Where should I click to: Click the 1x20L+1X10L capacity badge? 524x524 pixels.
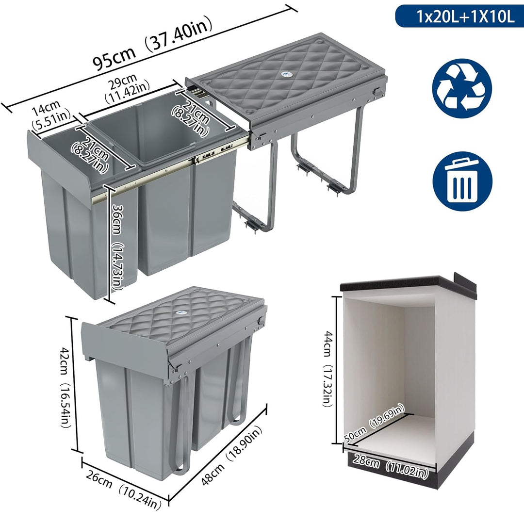pos(460,16)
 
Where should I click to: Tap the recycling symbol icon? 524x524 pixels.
pos(462,88)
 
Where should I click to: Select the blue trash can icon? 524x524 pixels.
pos(462,181)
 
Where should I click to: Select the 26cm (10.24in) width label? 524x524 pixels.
pos(123,490)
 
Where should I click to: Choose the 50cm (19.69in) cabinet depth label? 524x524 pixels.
pos(374,424)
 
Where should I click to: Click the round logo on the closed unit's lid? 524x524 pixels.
pos(180,313)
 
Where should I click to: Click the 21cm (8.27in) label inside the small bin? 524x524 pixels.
pos(90,156)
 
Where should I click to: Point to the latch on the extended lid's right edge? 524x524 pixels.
pos(377,92)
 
